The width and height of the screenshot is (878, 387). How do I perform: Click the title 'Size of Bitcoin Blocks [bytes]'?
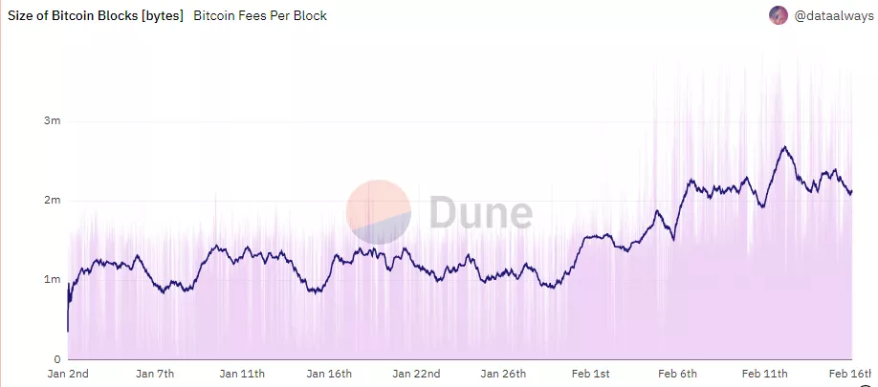[x=95, y=15]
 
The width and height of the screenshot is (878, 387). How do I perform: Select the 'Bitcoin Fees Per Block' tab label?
[x=260, y=15]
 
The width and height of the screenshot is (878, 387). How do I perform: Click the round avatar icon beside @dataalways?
[x=779, y=15]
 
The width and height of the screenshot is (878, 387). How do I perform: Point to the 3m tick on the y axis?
[x=52, y=121]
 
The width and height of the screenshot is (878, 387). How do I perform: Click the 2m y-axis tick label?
[x=52, y=201]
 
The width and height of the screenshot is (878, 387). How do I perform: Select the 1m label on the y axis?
[x=52, y=279]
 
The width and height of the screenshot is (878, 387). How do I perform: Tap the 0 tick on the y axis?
[x=57, y=358]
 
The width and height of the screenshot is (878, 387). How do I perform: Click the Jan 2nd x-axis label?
[x=68, y=374]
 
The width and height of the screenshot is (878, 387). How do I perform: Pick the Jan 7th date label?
[x=155, y=374]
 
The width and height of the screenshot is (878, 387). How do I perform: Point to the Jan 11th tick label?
[x=242, y=374]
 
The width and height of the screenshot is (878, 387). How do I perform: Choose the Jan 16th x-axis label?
[x=329, y=374]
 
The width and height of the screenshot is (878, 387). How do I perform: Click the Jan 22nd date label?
[x=417, y=374]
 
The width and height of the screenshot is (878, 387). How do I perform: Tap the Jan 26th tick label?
[x=504, y=374]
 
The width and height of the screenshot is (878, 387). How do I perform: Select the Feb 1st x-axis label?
[x=589, y=374]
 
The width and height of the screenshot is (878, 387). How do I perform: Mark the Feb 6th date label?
[x=677, y=374]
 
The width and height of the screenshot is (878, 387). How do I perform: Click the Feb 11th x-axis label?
[x=764, y=374]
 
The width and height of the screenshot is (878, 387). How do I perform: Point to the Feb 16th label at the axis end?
[x=851, y=374]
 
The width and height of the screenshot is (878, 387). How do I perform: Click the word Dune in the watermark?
[x=479, y=211]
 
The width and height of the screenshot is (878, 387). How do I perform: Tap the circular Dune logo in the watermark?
[x=378, y=211]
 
